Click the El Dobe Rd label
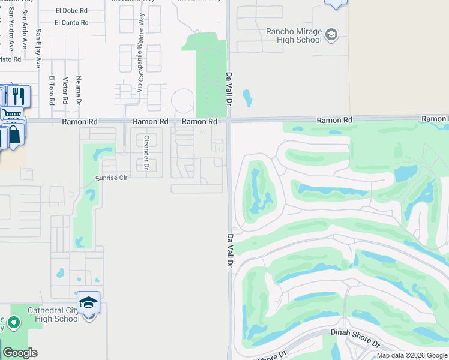(x=71, y=10)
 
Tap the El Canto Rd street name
(x=71, y=23)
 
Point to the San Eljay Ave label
(x=38, y=47)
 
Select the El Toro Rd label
(x=52, y=91)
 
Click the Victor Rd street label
(x=65, y=91)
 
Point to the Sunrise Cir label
(x=112, y=179)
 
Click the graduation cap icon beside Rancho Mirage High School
(x=331, y=35)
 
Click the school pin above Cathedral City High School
(x=88, y=302)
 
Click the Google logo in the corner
(x=20, y=353)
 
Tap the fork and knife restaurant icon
(x=18, y=96)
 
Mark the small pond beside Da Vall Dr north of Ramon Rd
(x=247, y=97)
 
